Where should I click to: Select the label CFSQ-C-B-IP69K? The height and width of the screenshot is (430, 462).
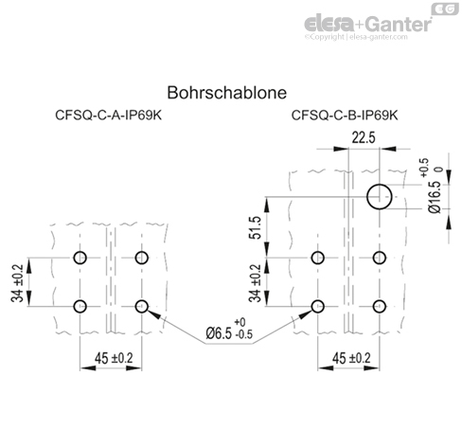point(345,118)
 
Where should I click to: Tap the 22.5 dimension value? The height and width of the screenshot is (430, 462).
point(364,137)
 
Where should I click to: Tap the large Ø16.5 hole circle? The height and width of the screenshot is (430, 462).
point(380,197)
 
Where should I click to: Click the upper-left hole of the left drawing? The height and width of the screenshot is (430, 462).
point(81,258)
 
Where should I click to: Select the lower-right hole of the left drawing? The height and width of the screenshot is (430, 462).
point(143,305)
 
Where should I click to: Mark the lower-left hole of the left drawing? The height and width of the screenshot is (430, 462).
point(81,305)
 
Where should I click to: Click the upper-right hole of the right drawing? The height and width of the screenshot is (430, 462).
point(380,258)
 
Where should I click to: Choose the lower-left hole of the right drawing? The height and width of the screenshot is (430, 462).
point(318,305)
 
